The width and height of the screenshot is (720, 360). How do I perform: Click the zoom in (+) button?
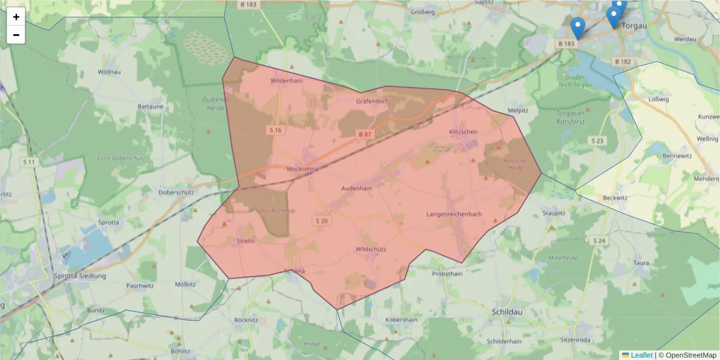coord(16,17)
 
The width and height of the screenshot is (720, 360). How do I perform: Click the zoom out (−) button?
coord(16,35)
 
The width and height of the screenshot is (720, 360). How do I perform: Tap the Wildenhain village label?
coord(286,80)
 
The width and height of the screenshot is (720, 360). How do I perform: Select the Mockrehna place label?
coord(302,169)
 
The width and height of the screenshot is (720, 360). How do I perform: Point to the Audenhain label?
coord(356,188)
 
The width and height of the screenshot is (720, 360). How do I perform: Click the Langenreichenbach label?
coord(454,214)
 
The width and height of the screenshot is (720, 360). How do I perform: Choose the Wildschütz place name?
coord(371,249)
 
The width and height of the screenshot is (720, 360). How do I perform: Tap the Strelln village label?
coord(246,241)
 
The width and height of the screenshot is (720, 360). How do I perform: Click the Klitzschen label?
coord(463,131)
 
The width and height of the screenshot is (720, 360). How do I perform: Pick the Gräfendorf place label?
coord(372,101)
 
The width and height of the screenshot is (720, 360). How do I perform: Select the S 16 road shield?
coord(275,130)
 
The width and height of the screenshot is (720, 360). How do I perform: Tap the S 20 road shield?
coord(322,221)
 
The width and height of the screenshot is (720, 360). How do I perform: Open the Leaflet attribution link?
coord(641,355)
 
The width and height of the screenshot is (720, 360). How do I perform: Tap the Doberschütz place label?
coord(175,193)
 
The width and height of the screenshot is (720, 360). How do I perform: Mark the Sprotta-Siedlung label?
coord(80,276)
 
